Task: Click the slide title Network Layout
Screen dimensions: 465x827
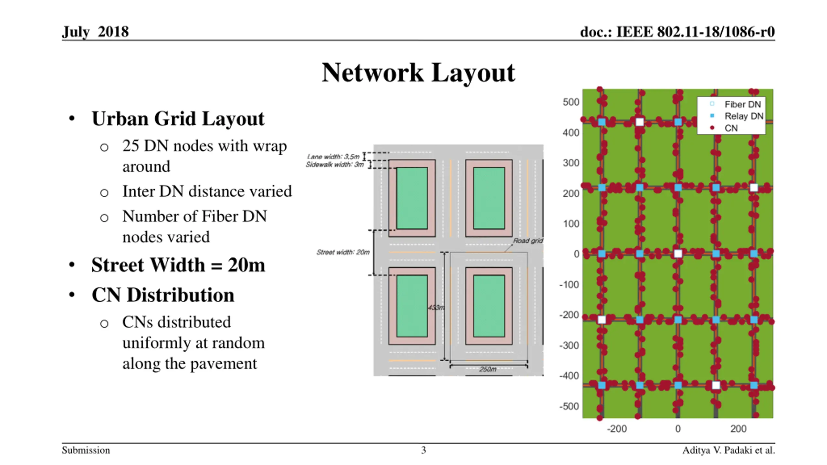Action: [x=418, y=73]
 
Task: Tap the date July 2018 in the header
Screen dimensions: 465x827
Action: [x=95, y=32]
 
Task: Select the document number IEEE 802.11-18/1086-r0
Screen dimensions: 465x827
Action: [x=677, y=32]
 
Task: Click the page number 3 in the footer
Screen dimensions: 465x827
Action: [x=423, y=450]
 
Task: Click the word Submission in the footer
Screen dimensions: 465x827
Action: [x=86, y=450]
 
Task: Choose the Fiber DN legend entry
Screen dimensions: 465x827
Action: [x=742, y=104]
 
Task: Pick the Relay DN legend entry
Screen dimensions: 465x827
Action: [x=744, y=116]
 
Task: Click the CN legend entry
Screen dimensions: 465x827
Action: [x=731, y=128]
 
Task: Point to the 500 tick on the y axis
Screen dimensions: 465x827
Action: [x=571, y=102]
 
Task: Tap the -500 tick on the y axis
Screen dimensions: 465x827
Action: [x=569, y=406]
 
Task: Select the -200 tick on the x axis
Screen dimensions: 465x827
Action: [x=617, y=429]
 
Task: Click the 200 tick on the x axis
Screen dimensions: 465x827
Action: [x=738, y=429]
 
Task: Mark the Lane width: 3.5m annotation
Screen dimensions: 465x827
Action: [x=333, y=157]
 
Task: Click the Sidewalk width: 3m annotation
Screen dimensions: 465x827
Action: [x=335, y=165]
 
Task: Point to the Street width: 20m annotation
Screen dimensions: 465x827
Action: [x=343, y=252]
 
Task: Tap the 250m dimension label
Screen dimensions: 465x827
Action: [x=487, y=369]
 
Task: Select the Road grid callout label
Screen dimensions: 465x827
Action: [x=528, y=241]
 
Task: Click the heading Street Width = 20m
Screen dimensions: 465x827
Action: [x=178, y=265]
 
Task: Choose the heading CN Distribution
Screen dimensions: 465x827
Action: [x=163, y=295]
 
